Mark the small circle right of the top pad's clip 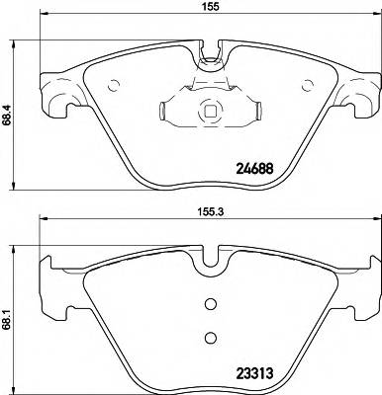(x=305, y=82)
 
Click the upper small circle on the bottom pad (x=209, y=304)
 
